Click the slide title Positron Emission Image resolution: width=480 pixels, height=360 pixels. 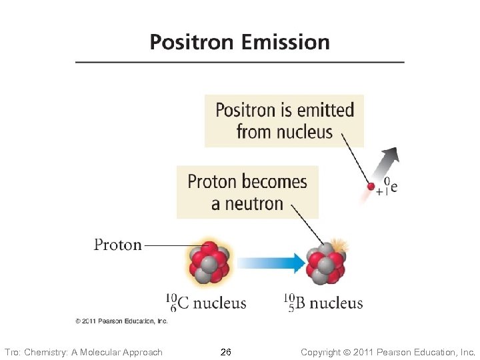[x=239, y=42]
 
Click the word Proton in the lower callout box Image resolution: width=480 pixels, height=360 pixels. [x=213, y=181]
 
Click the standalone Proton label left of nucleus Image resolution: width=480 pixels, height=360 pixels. [x=118, y=245]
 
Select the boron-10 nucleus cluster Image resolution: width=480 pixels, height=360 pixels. [x=325, y=265]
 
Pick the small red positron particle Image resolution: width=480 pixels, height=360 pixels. [x=371, y=187]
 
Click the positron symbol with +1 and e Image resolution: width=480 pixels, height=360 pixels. [x=387, y=187]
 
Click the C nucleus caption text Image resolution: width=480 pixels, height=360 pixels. [x=207, y=303]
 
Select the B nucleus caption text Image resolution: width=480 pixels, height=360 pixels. [x=323, y=303]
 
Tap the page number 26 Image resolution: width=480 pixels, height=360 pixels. [x=226, y=351]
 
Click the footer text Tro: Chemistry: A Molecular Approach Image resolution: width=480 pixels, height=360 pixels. [x=83, y=352]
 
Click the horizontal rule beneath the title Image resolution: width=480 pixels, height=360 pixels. [x=239, y=63]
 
